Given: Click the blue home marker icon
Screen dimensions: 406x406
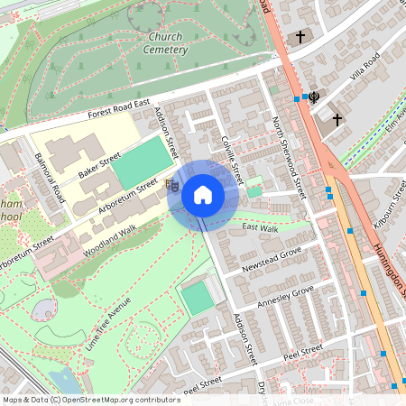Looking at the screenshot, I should tap(203, 194).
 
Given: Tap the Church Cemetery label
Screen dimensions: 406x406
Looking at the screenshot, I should tap(165, 43).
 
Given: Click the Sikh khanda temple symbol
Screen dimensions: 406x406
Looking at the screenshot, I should tap(314, 95).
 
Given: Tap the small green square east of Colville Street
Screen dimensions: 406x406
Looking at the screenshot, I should tap(254, 189).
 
